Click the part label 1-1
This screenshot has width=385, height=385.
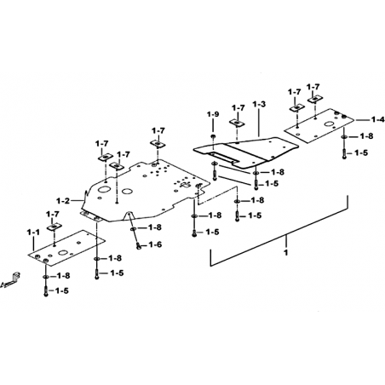33,233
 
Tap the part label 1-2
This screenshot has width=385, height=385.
63,201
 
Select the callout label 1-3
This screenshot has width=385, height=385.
259,104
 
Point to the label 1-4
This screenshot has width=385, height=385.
378,120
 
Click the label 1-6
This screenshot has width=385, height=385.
155,244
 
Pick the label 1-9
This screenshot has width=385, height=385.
213,114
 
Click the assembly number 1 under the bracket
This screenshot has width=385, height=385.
286,252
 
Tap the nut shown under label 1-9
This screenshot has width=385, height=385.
213,137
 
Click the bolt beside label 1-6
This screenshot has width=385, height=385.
139,246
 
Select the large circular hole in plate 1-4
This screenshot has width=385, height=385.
330,124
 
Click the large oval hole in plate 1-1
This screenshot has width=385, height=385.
63,252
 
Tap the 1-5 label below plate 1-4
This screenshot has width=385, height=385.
361,153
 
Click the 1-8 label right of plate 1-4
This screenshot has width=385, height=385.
366,136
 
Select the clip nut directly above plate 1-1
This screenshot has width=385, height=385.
55,227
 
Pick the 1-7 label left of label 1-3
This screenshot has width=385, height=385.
238,108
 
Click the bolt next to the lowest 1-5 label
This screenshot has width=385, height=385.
46,290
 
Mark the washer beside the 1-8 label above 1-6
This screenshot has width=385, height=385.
133,228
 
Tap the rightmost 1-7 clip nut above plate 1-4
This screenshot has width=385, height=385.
315,99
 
